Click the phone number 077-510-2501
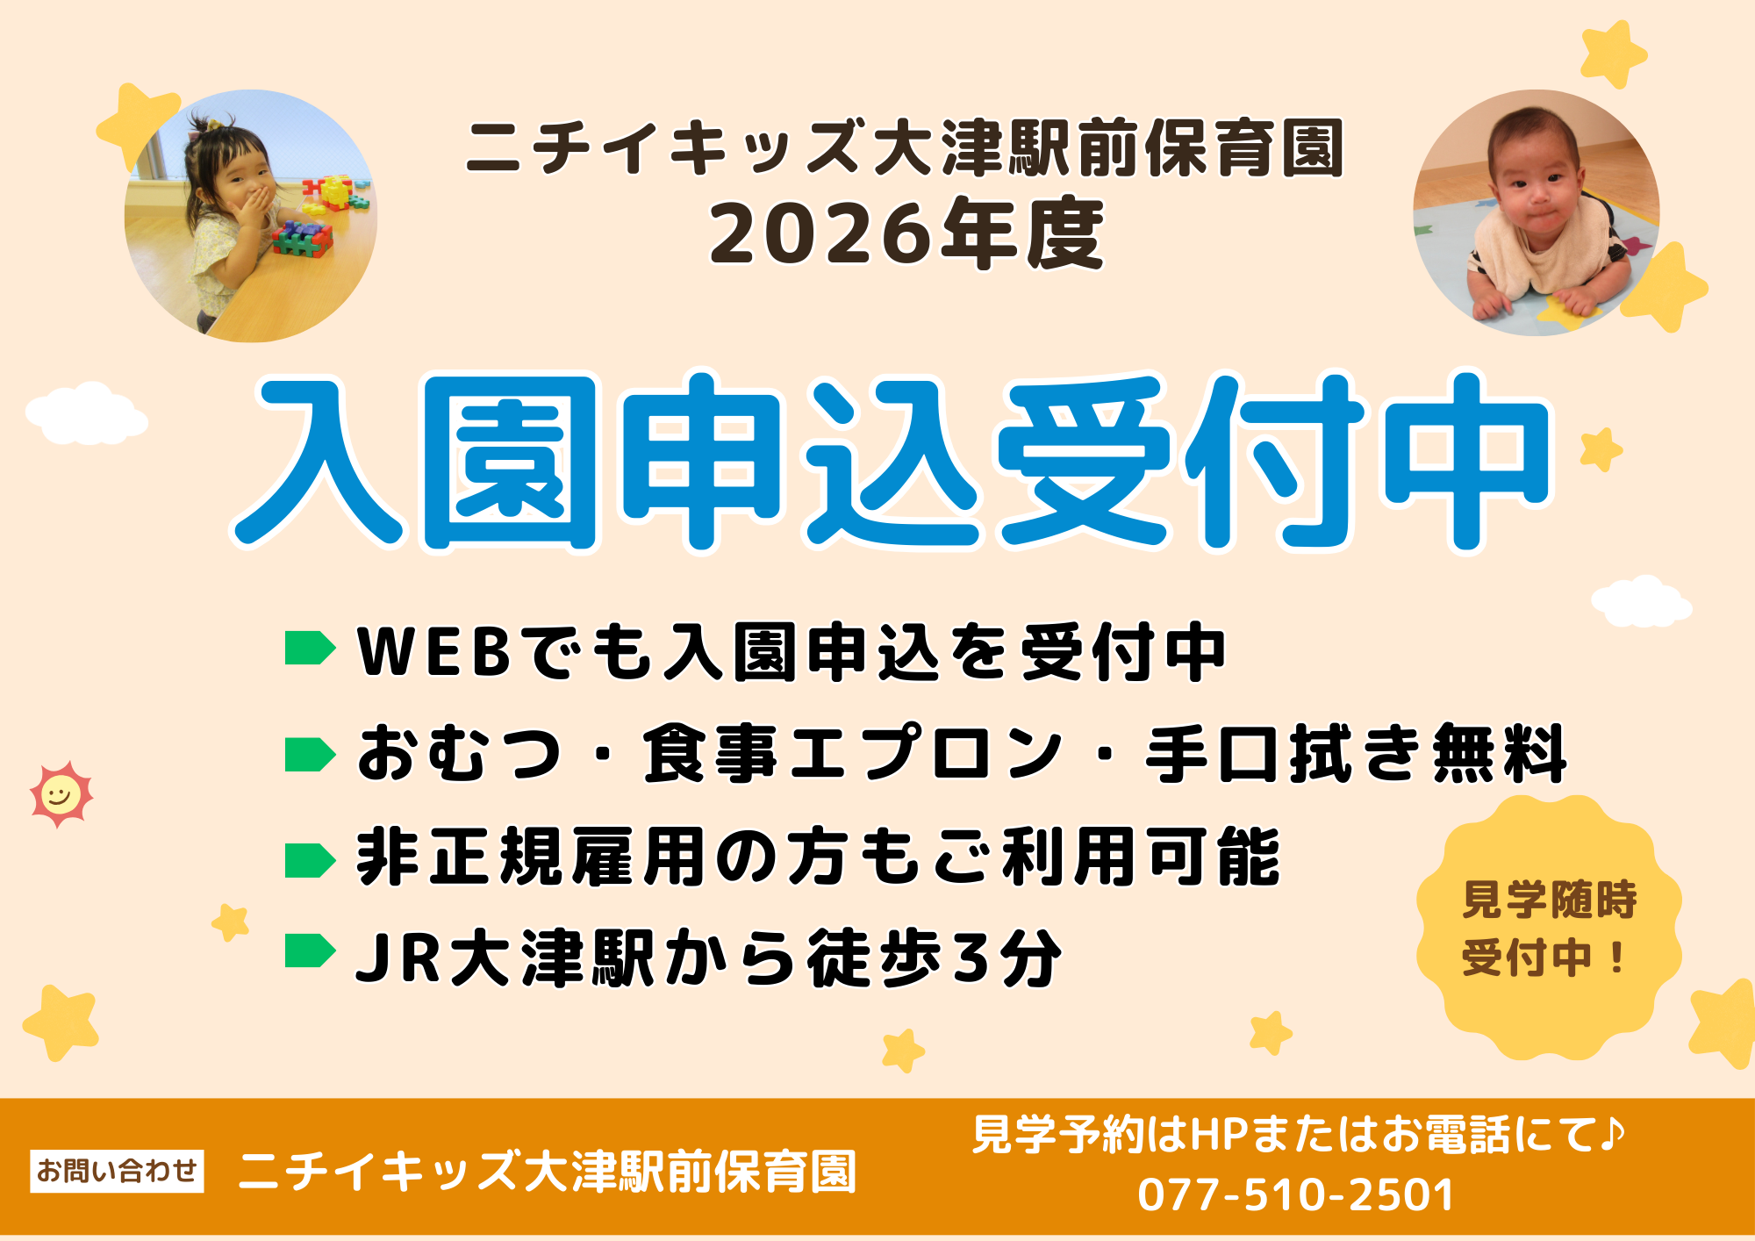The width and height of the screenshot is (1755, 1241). point(1295,1194)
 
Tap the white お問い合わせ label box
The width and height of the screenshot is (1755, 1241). point(117,1171)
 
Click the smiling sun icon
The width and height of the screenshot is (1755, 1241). point(61,795)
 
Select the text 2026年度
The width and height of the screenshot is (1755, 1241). point(906,234)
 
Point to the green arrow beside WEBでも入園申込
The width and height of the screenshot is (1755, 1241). point(310,649)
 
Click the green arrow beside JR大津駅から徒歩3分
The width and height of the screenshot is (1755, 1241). point(310,950)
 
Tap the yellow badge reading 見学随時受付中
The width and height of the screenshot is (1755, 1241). point(1549,928)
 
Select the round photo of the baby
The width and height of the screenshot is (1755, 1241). point(1536,212)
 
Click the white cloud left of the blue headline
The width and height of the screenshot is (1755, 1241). point(86,414)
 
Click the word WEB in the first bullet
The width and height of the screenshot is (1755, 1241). point(434,652)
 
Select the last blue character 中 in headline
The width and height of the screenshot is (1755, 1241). point(1466,461)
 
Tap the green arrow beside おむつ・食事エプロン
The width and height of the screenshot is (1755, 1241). point(310,755)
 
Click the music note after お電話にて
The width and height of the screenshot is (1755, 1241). point(1611,1134)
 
